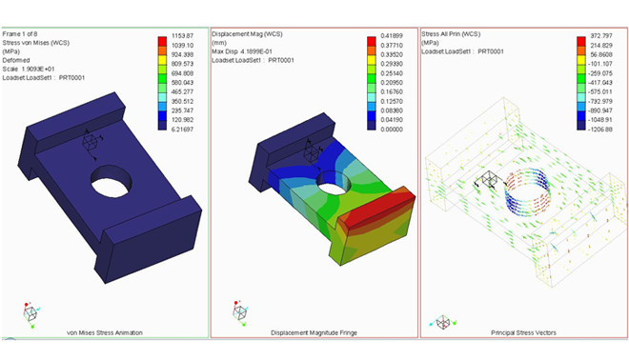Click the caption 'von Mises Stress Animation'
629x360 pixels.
coord(104,332)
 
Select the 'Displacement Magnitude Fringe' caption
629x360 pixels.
coord(314,332)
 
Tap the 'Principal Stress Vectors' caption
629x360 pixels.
coord(522,332)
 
